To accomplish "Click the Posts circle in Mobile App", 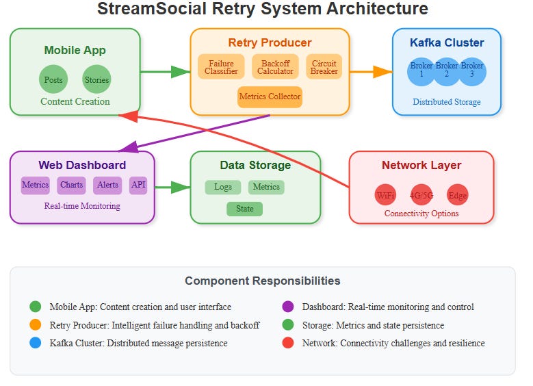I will click(53, 79).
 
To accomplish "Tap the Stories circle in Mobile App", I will click(96, 79).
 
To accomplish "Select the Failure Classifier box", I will click(221, 67).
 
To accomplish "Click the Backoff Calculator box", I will click(275, 67).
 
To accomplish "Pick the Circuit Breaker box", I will click(324, 67).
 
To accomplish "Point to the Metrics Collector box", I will click(270, 96).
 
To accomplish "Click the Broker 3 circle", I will click(471, 70).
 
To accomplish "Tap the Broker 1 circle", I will click(421, 70).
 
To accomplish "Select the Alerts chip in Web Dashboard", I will click(107, 185).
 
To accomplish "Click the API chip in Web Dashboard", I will click(138, 185).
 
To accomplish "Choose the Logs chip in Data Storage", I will click(222, 187).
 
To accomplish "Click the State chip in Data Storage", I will click(244, 209).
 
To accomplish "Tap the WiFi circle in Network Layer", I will click(386, 195).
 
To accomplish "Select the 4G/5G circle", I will click(421, 195).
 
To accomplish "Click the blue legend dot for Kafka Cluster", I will click(36, 343).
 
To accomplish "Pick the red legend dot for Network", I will click(288, 343).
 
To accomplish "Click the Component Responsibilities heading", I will click(262, 281).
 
